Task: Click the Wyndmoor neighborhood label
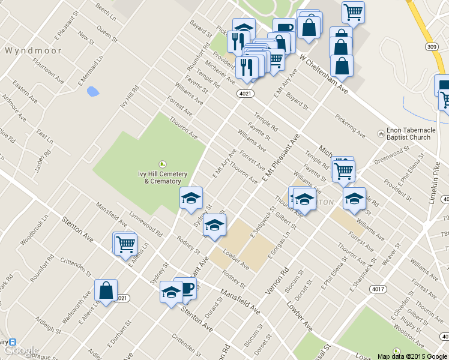tap(29, 50)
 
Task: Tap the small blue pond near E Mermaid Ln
tap(92, 92)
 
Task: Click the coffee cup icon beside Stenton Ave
tap(187, 288)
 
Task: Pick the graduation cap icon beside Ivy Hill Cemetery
tap(191, 199)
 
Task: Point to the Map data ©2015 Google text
tap(412, 356)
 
